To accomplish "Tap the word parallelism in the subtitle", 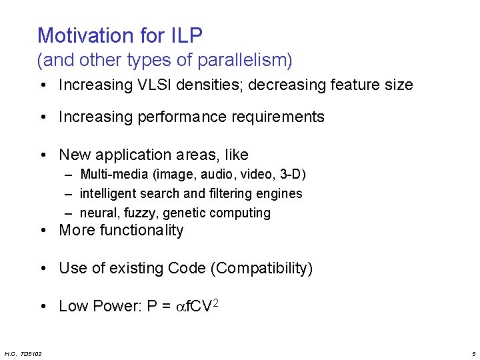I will [247, 61].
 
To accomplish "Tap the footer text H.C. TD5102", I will [23, 353].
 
